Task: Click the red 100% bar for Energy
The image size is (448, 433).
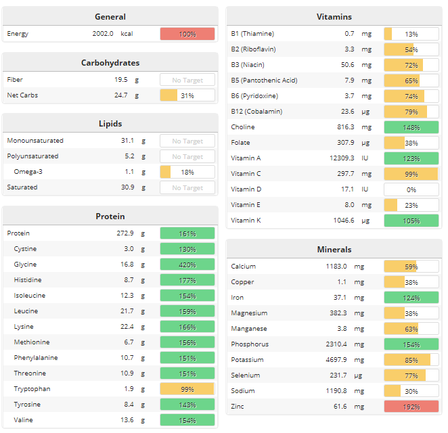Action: click(187, 34)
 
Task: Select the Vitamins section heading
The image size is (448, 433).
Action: click(334, 17)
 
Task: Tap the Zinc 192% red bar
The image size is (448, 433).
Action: click(411, 406)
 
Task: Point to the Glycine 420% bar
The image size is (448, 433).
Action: click(187, 265)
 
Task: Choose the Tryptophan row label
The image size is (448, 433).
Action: click(33, 389)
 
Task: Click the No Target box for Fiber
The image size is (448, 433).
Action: click(187, 80)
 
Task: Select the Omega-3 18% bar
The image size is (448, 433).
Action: click(187, 172)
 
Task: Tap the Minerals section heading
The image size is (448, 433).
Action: click(334, 250)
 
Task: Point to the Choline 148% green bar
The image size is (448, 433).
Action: click(411, 127)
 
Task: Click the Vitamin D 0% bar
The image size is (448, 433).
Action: click(411, 189)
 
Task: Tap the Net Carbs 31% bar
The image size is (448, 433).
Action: click(187, 95)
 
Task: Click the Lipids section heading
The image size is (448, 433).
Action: click(110, 124)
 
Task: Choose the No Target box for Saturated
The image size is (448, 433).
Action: click(187, 187)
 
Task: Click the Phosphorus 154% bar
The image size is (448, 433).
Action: click(411, 344)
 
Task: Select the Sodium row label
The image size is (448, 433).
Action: click(243, 391)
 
